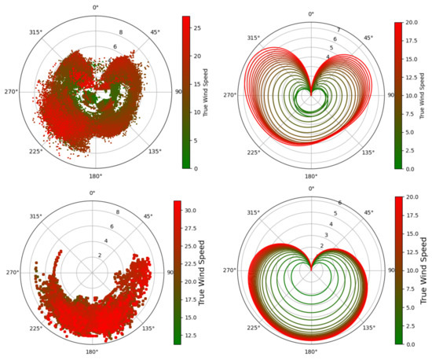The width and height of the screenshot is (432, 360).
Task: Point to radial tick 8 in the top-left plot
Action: click(x=120, y=33)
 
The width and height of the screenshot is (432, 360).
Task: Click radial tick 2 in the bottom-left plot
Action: click(x=100, y=255)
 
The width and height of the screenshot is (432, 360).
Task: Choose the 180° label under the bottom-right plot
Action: click(x=311, y=352)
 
